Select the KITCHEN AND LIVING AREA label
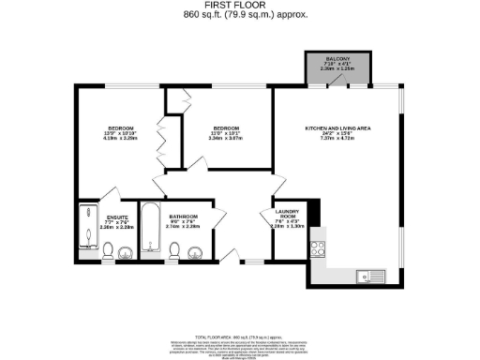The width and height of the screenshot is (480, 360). (x=337, y=128)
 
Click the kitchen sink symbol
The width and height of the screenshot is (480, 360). (x=371, y=276)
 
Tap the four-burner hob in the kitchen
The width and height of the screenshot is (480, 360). (x=318, y=249)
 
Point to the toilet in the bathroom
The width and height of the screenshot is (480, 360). (x=173, y=250)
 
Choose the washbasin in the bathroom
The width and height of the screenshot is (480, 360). (x=195, y=250)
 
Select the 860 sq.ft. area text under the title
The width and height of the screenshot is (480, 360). (x=240, y=16)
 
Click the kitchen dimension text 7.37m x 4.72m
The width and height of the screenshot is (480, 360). (x=337, y=139)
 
